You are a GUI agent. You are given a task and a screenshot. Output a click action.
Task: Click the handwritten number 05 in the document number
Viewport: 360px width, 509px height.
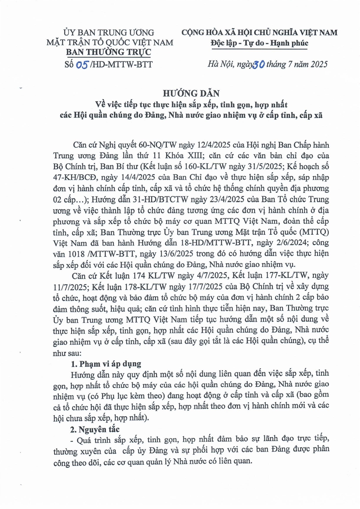[82, 65]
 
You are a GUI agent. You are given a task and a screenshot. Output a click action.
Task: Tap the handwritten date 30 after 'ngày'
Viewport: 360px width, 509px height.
[259, 65]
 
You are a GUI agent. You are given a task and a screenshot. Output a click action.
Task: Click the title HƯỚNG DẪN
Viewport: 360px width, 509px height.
[191, 93]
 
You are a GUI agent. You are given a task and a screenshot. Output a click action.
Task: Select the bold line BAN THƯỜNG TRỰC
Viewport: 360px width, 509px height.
[108, 52]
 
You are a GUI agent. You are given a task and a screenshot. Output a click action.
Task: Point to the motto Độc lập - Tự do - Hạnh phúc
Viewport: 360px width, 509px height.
[259, 43]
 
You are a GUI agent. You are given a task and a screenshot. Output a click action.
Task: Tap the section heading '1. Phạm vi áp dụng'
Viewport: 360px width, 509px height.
[106, 364]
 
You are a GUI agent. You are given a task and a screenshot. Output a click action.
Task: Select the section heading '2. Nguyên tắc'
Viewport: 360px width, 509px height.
[95, 429]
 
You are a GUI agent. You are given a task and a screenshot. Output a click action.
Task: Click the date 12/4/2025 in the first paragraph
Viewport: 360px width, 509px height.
[214, 145]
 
